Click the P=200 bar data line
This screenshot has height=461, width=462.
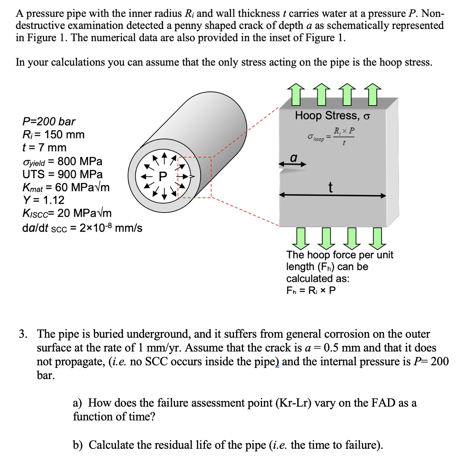click(x=49, y=121)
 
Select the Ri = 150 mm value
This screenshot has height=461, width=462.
click(x=53, y=134)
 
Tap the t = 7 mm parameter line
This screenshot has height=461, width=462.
click(x=44, y=147)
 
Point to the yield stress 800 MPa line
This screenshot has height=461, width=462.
click(x=62, y=161)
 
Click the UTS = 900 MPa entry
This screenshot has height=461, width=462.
click(x=62, y=174)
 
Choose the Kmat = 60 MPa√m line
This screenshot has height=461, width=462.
click(x=66, y=187)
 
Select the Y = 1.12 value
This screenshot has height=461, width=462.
click(x=43, y=200)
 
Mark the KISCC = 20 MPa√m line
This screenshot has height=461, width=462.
click(x=67, y=213)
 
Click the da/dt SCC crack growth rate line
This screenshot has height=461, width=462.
click(x=82, y=228)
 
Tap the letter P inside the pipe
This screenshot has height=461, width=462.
click(x=163, y=177)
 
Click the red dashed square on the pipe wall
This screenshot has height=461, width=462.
click(x=194, y=177)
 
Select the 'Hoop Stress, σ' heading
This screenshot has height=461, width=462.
click(x=332, y=115)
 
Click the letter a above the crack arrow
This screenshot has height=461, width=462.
click(x=293, y=157)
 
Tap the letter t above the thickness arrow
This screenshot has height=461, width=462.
click(x=330, y=187)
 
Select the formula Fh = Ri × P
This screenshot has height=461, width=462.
click(x=311, y=290)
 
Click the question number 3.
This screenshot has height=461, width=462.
click(x=24, y=334)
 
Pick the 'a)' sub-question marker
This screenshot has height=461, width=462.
click(x=78, y=403)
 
